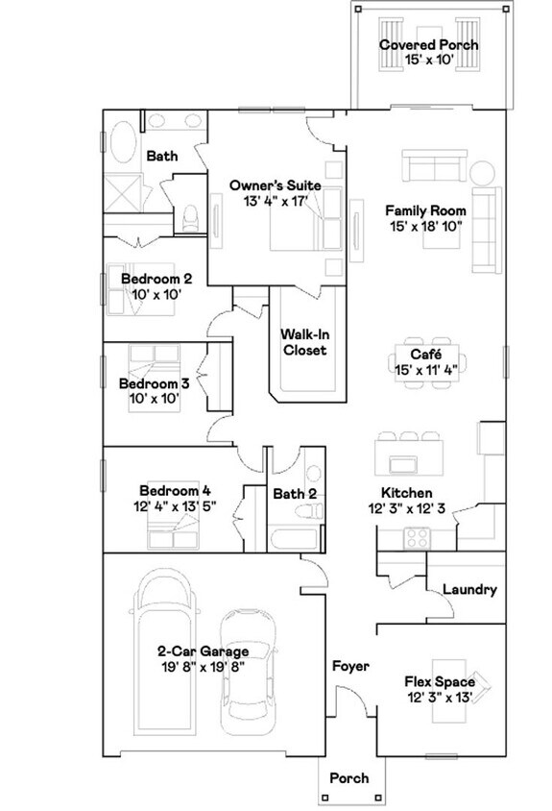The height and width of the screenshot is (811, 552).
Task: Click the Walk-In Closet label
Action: pyautogui.click(x=303, y=342)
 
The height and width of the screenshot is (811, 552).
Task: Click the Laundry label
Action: pyautogui.click(x=469, y=590)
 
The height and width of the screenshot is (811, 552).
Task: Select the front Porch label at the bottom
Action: pyautogui.click(x=348, y=778)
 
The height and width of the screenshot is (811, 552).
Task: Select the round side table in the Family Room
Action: pyautogui.click(x=480, y=173)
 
